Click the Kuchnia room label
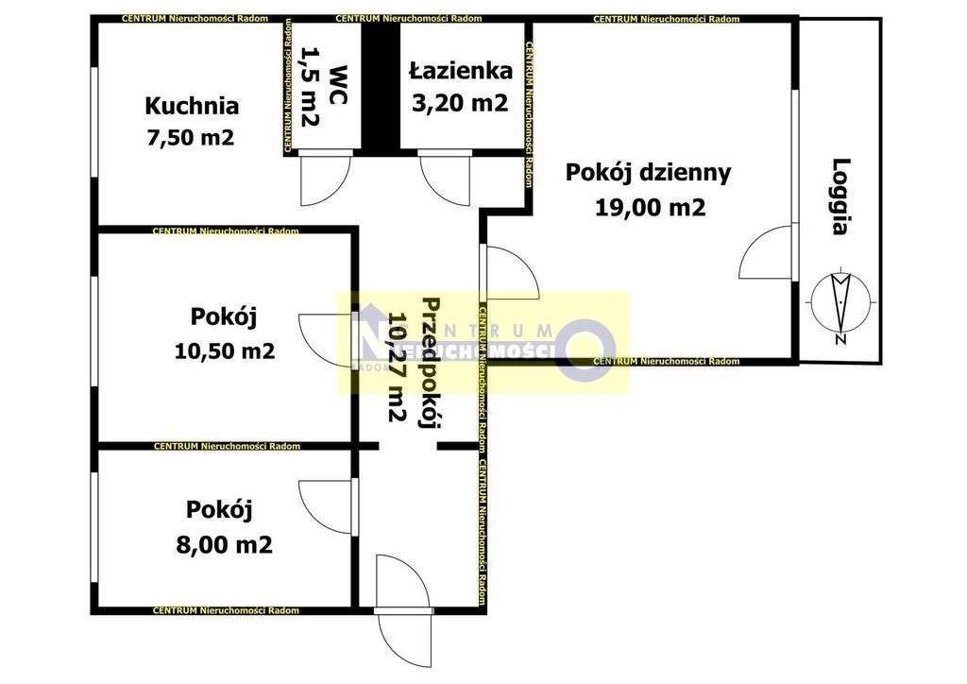point(191,106)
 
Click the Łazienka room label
point(460,71)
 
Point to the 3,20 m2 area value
point(460,102)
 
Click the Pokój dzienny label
point(648,173)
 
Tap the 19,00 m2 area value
point(651,208)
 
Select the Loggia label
point(842,196)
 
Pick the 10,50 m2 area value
point(225,351)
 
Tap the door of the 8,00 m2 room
point(327,505)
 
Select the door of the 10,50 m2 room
point(327,338)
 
